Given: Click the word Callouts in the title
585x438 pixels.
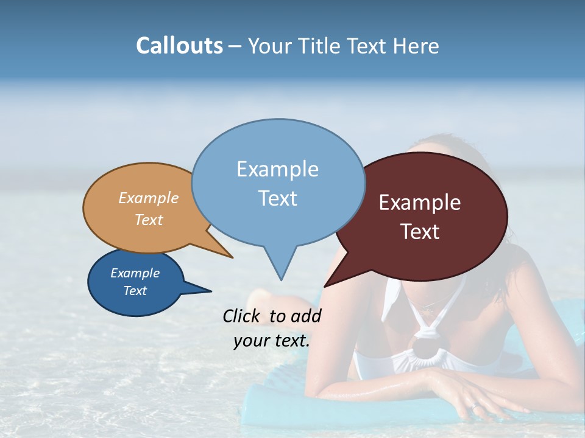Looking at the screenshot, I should tap(179, 46).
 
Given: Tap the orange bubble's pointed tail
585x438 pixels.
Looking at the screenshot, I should tap(230, 255).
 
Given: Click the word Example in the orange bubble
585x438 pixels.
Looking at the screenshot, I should tap(149, 198).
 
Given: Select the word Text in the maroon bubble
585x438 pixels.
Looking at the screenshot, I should tap(420, 232).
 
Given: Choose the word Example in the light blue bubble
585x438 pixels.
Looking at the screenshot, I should tap(277, 169).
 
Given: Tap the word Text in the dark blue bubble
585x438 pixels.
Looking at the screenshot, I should tap(135, 291).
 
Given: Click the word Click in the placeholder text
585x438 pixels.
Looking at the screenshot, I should tap(242, 316).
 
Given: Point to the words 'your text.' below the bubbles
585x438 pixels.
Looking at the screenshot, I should tap(272, 341).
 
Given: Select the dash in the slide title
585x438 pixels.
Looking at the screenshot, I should tap(235, 46).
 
